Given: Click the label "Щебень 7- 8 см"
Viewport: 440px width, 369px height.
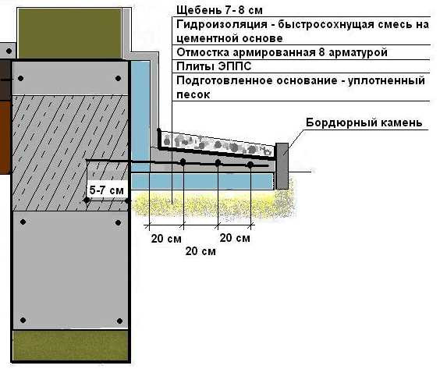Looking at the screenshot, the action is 219,10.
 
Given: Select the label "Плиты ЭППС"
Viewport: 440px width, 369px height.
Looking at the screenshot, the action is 214,67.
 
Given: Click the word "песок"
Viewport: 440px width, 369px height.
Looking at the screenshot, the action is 193,94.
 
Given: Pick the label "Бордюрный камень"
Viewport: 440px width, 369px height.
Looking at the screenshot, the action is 364,122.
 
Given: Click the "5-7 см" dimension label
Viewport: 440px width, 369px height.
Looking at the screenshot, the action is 106,190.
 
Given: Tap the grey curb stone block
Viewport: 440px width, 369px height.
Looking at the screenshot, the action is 282,166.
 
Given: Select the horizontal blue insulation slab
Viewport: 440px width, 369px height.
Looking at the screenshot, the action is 202,181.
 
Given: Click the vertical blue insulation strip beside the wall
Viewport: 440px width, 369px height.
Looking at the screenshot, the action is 140,115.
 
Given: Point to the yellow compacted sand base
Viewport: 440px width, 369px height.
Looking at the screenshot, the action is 213,204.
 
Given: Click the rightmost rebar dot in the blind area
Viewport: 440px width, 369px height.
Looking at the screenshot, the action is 250,165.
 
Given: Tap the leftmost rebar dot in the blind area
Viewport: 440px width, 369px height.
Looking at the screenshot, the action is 183,161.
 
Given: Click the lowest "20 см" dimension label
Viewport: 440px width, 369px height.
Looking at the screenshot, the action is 200,251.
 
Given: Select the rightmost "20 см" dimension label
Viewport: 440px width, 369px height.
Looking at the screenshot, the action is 235,238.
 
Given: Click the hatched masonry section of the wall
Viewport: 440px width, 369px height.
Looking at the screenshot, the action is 70,153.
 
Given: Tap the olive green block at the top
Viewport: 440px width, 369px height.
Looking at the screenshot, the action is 70,33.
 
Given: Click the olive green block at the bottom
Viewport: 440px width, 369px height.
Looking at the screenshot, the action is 71,346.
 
